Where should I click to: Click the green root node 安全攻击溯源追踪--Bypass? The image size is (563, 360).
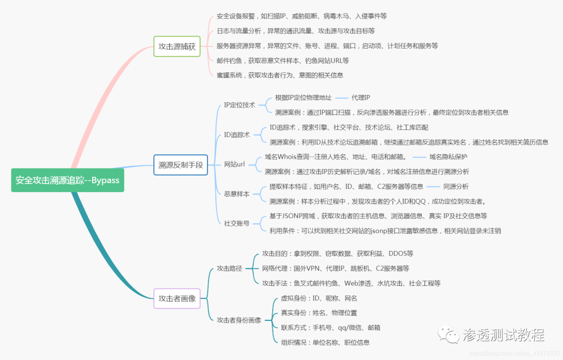[x=67, y=180]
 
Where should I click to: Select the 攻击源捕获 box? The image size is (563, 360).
[x=177, y=46]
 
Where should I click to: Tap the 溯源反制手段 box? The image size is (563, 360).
[x=180, y=165]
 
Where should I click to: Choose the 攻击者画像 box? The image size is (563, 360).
[x=177, y=298]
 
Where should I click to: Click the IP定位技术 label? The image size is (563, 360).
[x=239, y=105]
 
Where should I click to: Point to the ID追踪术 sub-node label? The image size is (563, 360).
[x=237, y=135]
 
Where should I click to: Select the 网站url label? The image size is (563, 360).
[x=235, y=164]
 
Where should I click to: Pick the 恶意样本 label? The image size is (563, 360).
[x=237, y=194]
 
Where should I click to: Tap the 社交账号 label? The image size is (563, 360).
[x=237, y=223]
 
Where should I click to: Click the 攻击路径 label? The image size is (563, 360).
[x=229, y=268]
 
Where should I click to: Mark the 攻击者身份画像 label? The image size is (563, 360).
[x=239, y=320]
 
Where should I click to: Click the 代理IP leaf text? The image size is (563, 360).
[x=361, y=98]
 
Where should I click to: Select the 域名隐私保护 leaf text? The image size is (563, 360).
[x=448, y=157]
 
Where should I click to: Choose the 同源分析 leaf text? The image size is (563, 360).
[x=456, y=186]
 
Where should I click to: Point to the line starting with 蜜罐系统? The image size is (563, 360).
[x=280, y=75]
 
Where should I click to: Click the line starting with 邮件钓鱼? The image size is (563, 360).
[x=283, y=61]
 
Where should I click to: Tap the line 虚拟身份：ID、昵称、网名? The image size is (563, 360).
[x=319, y=298]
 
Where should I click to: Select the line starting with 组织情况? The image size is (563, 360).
[x=325, y=342]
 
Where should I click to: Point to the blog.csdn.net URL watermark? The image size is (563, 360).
[x=514, y=353]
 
